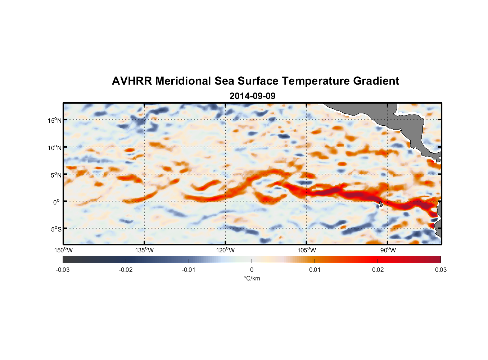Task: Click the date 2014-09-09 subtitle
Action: point(252,96)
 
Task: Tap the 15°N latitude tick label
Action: point(55,120)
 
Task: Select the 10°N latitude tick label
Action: point(55,148)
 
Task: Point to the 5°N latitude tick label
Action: point(56,175)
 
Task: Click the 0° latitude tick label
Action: point(57,202)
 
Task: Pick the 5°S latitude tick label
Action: point(56,229)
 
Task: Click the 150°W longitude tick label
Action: point(63,250)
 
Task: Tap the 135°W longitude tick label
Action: point(144,250)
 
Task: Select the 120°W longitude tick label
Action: point(225,250)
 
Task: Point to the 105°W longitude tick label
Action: point(307,250)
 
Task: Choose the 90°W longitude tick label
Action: point(388,250)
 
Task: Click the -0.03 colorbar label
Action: point(63,270)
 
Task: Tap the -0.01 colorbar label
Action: point(189,270)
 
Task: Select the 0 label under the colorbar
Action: point(252,270)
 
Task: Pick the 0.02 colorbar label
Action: point(378,270)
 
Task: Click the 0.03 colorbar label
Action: point(440,270)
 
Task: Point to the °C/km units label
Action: point(252,278)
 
